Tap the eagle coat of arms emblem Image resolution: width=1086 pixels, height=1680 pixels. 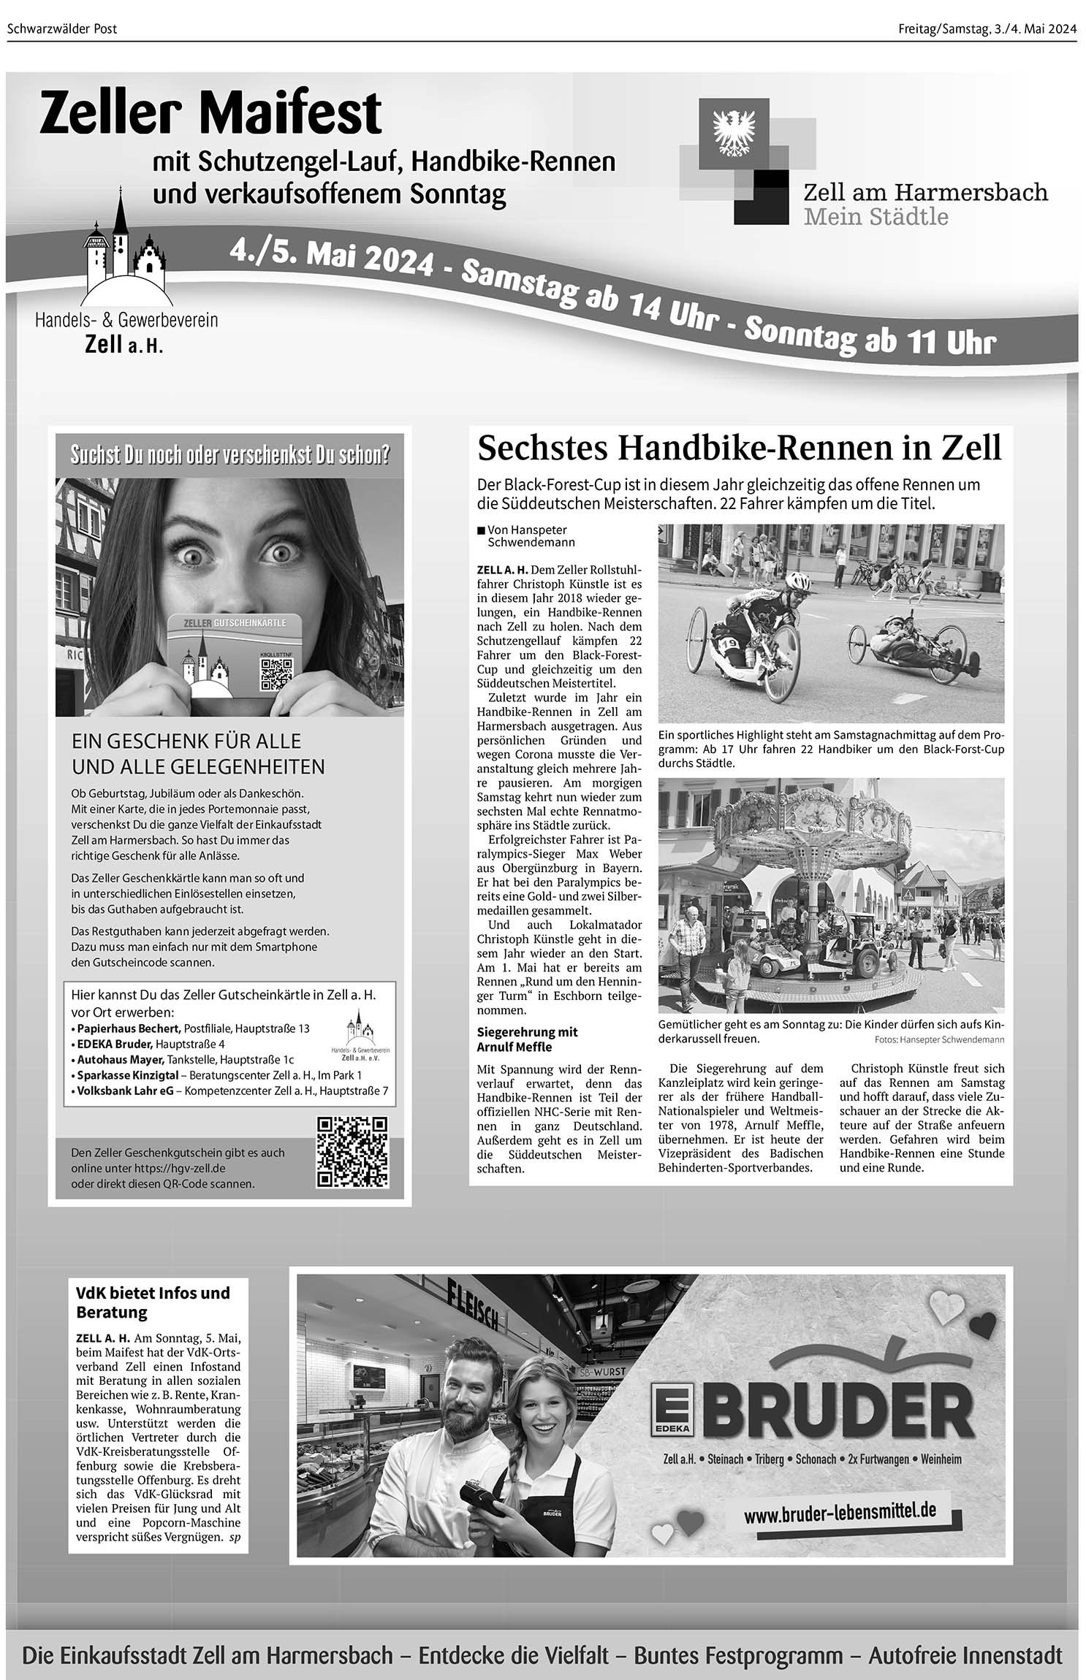(728, 132)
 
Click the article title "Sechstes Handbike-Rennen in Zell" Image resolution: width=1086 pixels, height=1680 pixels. (739, 448)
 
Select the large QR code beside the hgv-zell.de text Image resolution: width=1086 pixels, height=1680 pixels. (352, 1152)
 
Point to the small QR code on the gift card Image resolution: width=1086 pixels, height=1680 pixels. (276, 674)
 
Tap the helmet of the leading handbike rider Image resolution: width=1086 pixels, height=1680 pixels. (799, 582)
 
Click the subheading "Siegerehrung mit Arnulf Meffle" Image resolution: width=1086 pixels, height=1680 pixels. (527, 1039)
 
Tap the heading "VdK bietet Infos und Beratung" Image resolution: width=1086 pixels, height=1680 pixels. (153, 1302)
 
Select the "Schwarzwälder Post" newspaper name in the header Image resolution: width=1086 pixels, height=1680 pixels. (62, 29)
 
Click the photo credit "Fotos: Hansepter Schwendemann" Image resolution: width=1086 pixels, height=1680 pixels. (938, 1039)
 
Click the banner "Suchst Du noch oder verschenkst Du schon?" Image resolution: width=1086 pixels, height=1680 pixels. (229, 455)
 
